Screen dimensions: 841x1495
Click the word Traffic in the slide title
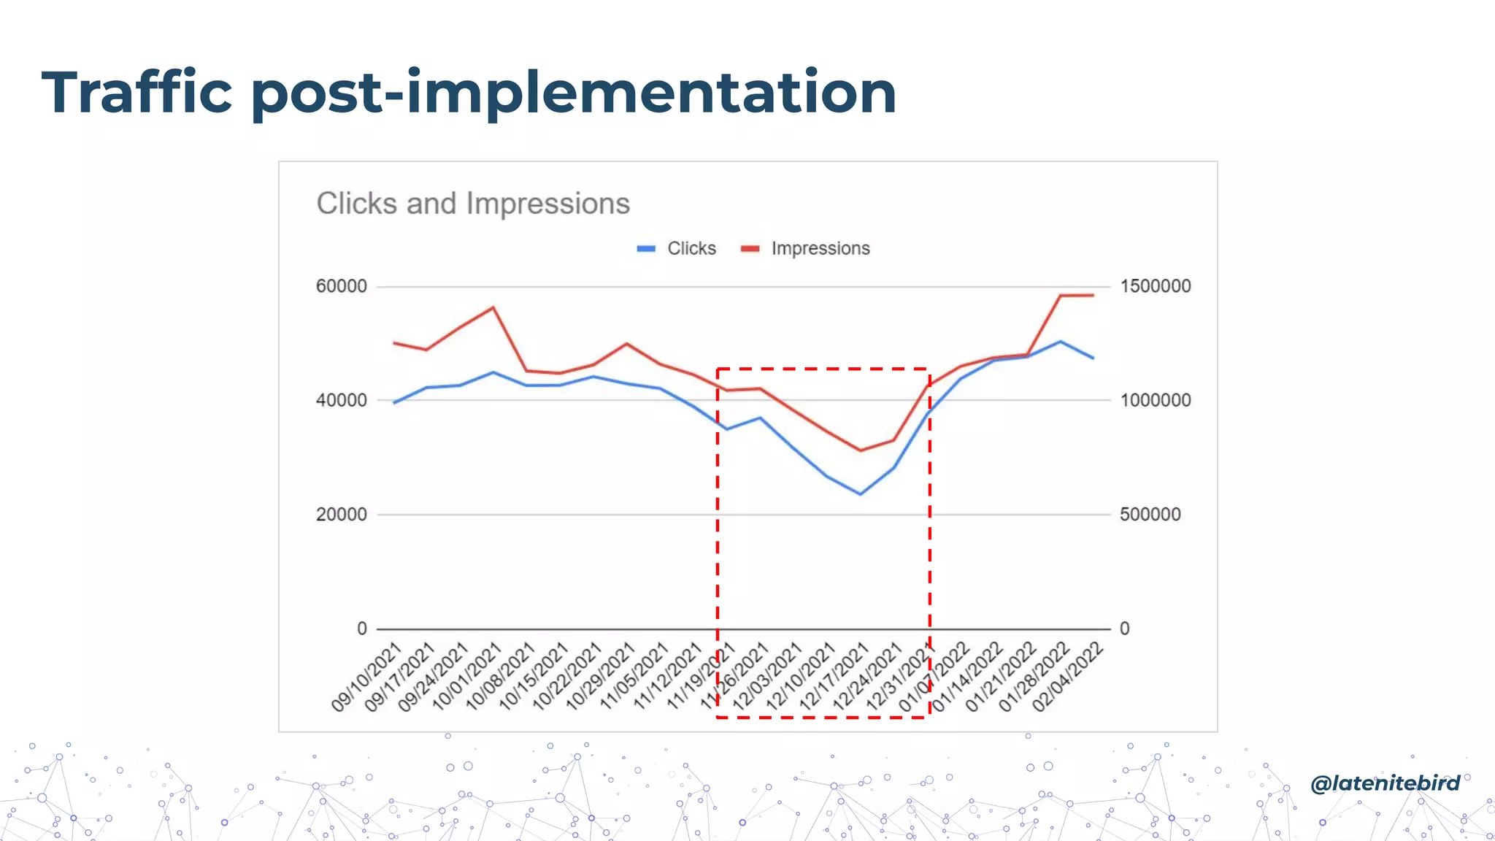tap(137, 93)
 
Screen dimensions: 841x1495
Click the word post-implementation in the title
tap(573, 93)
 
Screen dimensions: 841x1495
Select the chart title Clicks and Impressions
tap(473, 204)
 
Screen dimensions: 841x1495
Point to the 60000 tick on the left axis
tap(341, 286)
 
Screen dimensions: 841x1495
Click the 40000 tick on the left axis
tap(341, 400)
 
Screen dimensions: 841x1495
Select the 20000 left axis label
tap(341, 515)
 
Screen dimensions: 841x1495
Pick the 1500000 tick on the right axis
tap(1155, 286)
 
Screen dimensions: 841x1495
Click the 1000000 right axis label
tap(1155, 400)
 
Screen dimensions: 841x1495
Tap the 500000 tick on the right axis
tap(1150, 515)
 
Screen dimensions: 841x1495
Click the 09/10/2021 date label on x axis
tap(367, 677)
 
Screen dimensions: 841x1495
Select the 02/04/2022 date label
tap(1067, 677)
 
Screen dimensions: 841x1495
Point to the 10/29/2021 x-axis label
tap(601, 677)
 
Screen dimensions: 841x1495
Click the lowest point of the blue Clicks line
tap(861, 494)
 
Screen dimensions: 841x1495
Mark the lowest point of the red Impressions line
tap(861, 450)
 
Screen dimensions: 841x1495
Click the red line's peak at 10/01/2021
tap(493, 307)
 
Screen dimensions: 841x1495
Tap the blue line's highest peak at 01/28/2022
tap(1061, 341)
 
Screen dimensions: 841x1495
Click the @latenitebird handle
tap(1385, 783)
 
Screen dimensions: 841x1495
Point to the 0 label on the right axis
tap(1124, 629)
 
